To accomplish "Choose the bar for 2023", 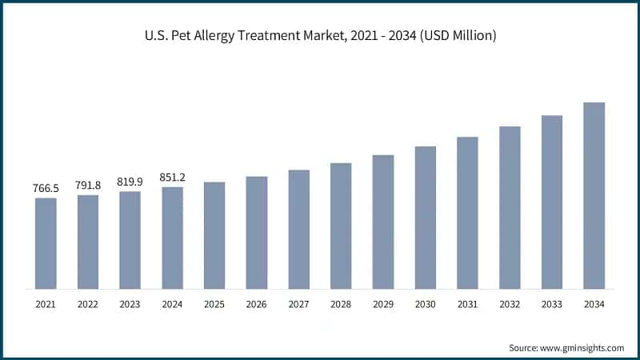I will pos(130,239).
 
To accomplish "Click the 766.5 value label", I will pos(46,187).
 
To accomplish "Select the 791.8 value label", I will pos(88,184).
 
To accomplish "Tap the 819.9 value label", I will pos(130,181).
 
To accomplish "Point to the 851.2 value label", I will pos(172,177).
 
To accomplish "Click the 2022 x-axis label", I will pos(88,304).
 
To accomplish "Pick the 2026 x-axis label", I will pos(256,304).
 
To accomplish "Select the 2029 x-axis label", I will pos(383,304).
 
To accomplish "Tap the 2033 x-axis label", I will pos(552,304).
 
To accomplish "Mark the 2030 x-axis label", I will pos(425,304).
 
